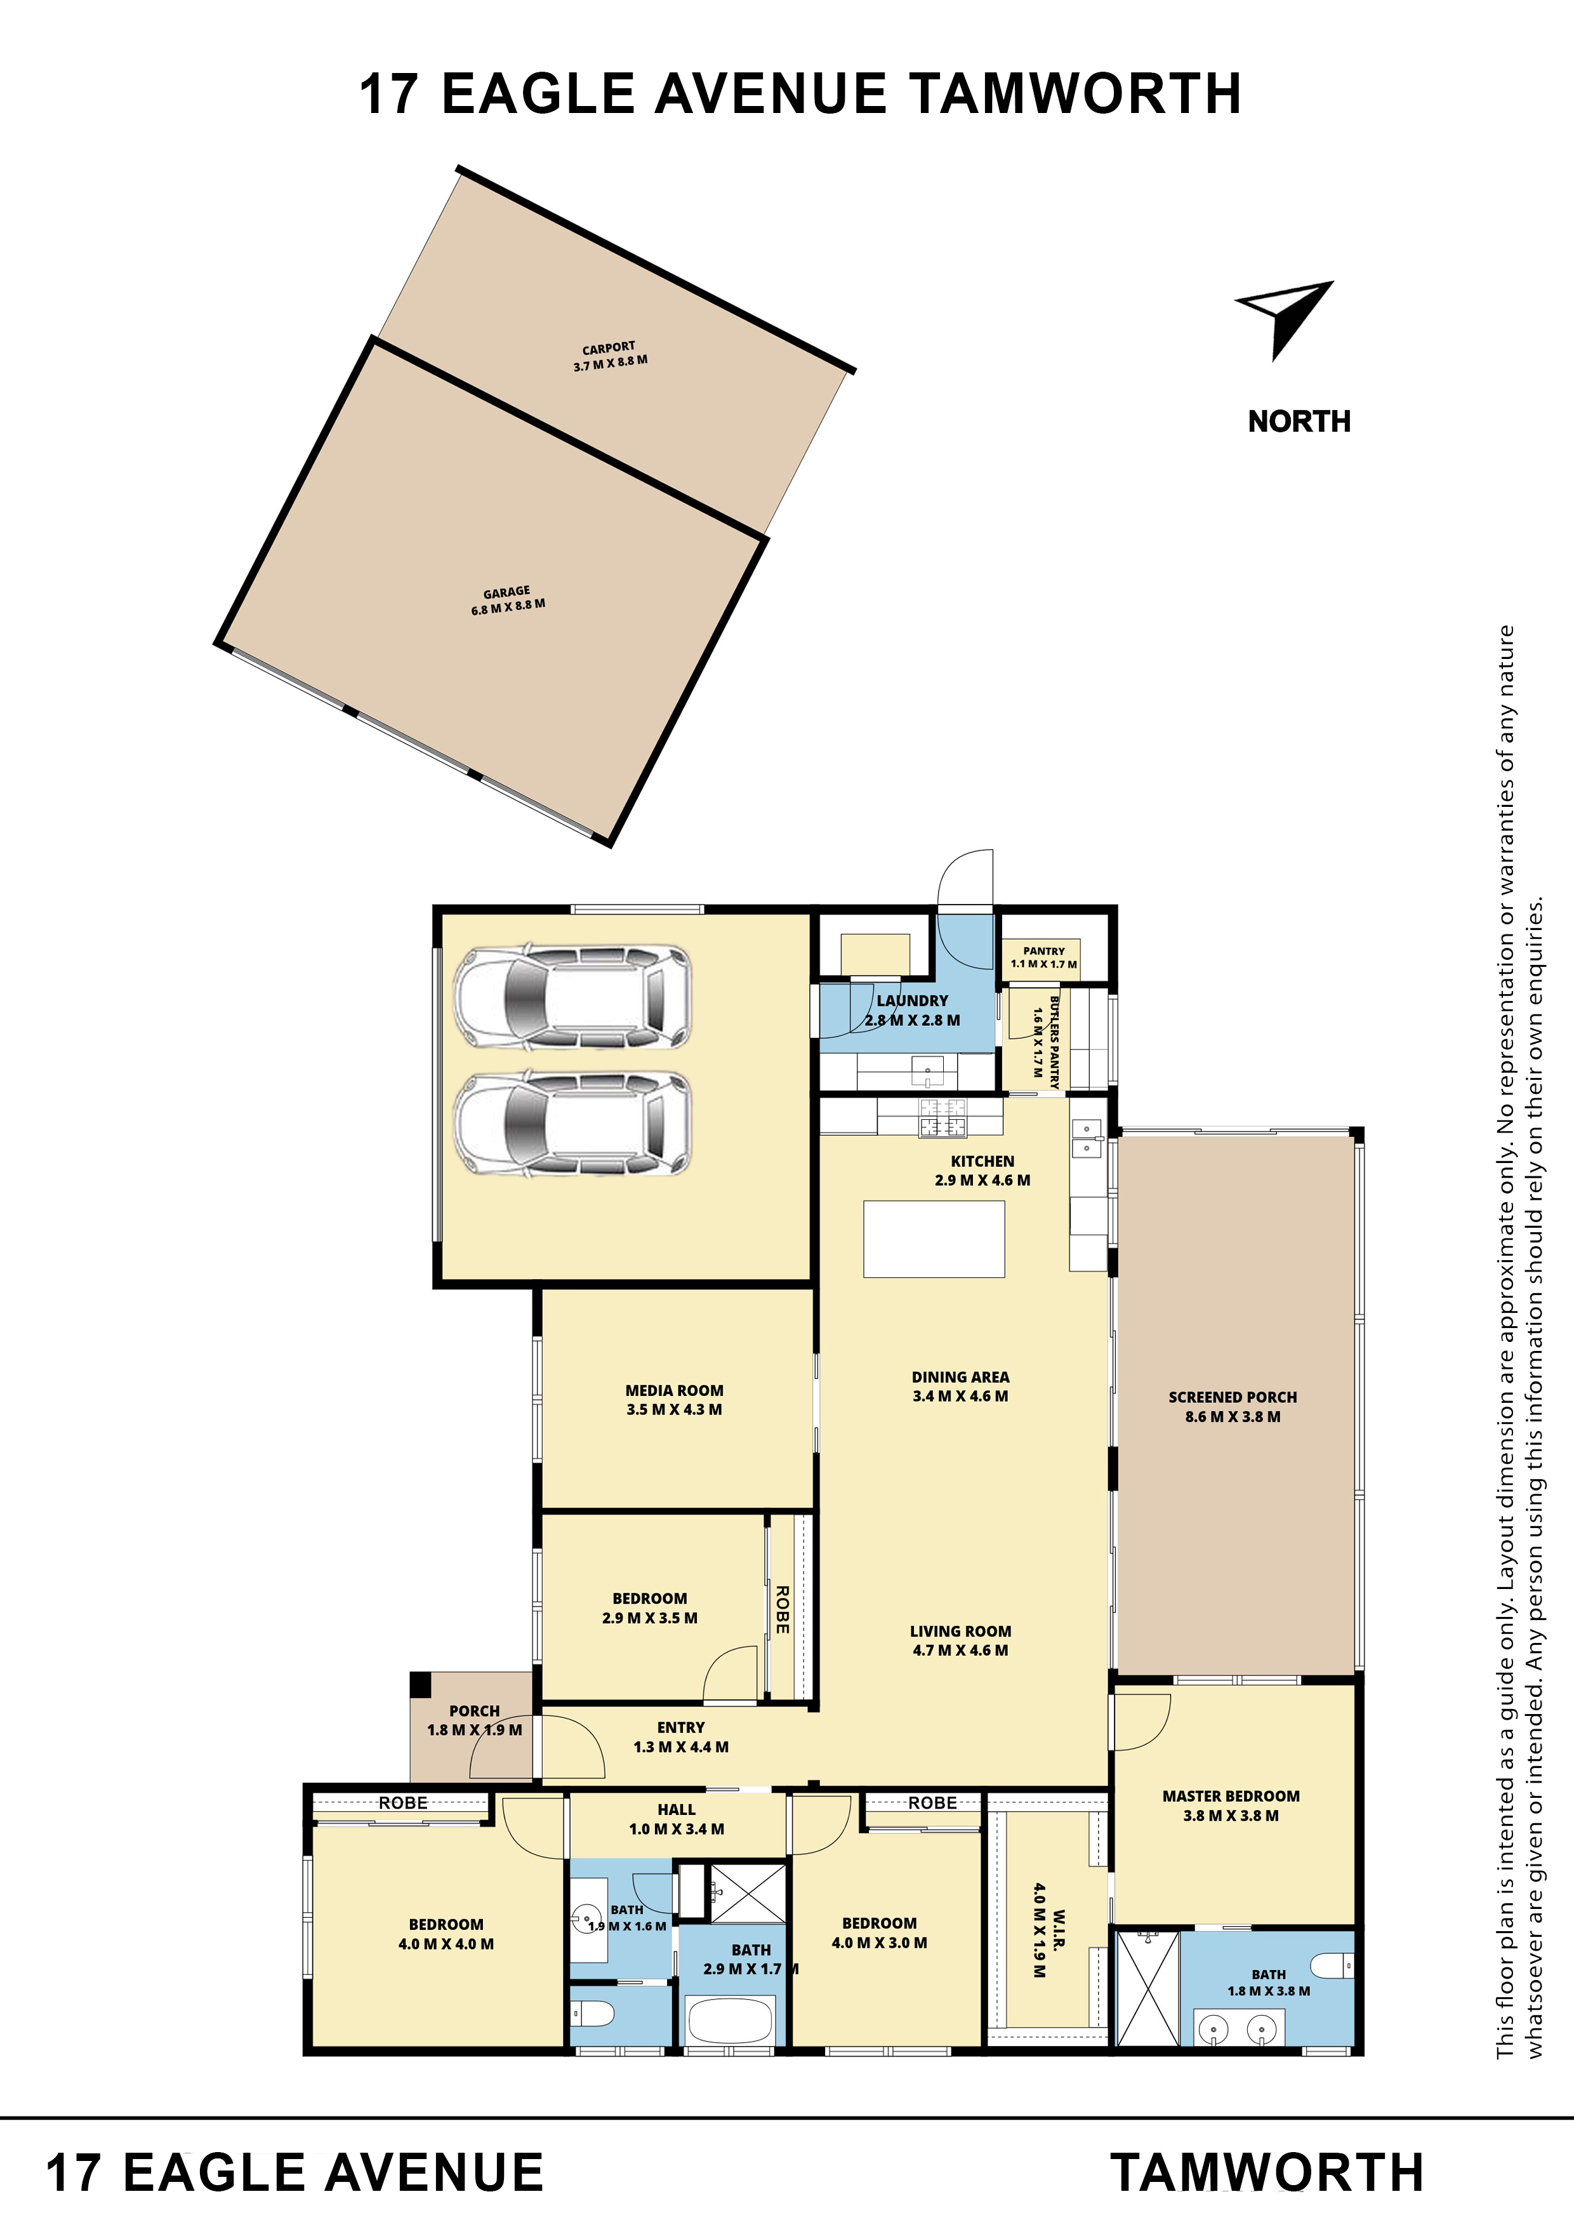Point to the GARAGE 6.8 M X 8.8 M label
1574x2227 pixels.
[x=508, y=599]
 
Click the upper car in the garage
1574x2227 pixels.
[x=572, y=996]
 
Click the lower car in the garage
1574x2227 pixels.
[x=572, y=1123]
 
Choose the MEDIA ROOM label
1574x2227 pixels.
[x=674, y=1400]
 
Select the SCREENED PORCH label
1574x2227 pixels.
[x=1233, y=1406]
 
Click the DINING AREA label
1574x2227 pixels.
[x=960, y=1386]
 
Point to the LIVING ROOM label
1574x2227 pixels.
[x=960, y=1640]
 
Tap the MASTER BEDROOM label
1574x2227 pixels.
[x=1231, y=1805]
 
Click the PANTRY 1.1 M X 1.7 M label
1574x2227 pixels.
[x=1043, y=957]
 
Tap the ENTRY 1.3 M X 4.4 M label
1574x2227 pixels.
[x=681, y=1736]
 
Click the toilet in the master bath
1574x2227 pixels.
[x=1333, y=1965]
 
